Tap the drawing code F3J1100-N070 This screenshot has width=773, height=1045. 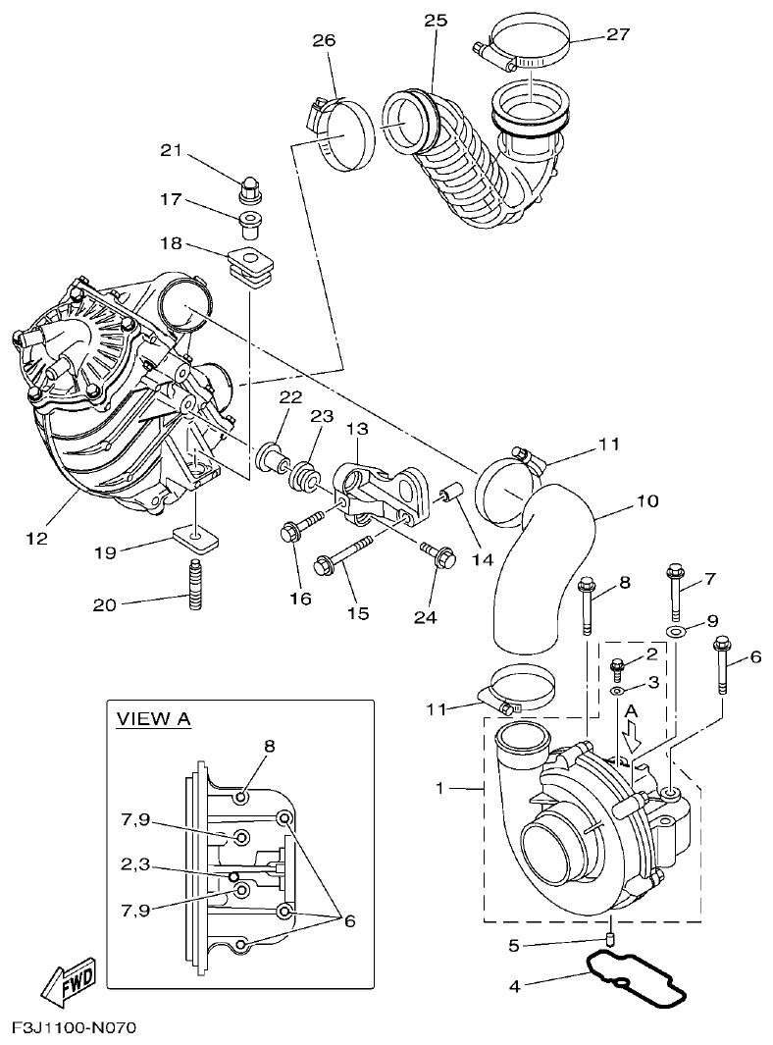74,1028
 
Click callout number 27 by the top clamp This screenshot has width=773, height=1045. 618,34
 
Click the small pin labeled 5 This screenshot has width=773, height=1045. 610,939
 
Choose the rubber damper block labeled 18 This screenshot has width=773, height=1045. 250,264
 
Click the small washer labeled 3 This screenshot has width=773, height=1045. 617,691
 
